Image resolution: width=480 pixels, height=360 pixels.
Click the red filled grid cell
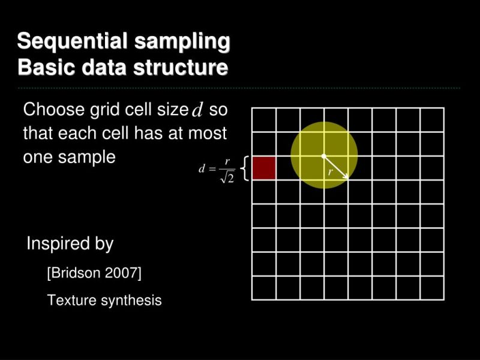click(263, 168)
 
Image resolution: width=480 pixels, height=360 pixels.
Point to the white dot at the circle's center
click(324, 156)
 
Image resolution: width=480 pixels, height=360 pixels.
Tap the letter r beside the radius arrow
click(330, 173)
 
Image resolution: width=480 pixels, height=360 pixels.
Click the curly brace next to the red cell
click(245, 168)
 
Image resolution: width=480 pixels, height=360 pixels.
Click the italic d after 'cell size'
click(197, 110)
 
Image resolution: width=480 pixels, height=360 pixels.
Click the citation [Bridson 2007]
click(94, 274)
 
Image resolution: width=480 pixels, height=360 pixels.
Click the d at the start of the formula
click(202, 169)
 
